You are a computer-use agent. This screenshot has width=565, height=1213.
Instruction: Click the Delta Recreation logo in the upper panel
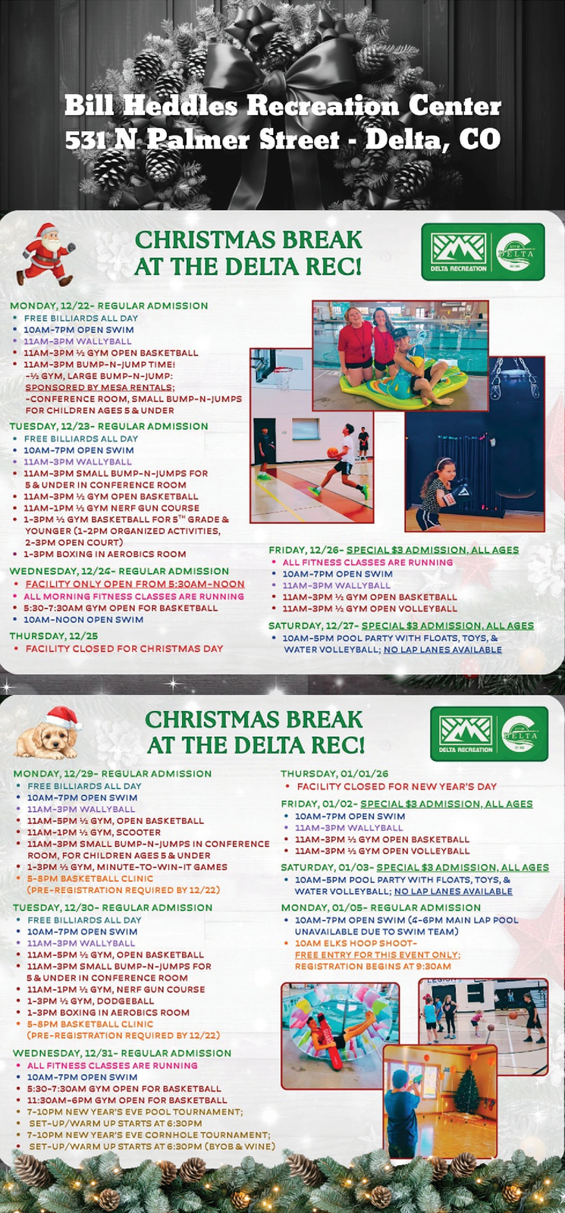pos(482,252)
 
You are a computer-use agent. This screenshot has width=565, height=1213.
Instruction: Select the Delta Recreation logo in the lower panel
pos(488,734)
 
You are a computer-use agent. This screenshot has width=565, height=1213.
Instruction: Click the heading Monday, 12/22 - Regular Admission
pos(108,306)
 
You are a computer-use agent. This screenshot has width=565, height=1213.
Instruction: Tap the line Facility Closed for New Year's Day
pos(397,786)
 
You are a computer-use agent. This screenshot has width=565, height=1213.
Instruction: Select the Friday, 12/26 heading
pos(394,550)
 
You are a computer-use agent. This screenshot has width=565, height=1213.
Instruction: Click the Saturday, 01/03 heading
pos(414,867)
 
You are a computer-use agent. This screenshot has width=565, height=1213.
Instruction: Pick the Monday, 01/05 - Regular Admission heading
pos(381,907)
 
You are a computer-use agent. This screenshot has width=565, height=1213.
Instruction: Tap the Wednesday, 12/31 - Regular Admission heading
pos(121,1053)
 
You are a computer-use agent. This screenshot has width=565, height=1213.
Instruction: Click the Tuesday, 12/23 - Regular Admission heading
pos(108,426)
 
